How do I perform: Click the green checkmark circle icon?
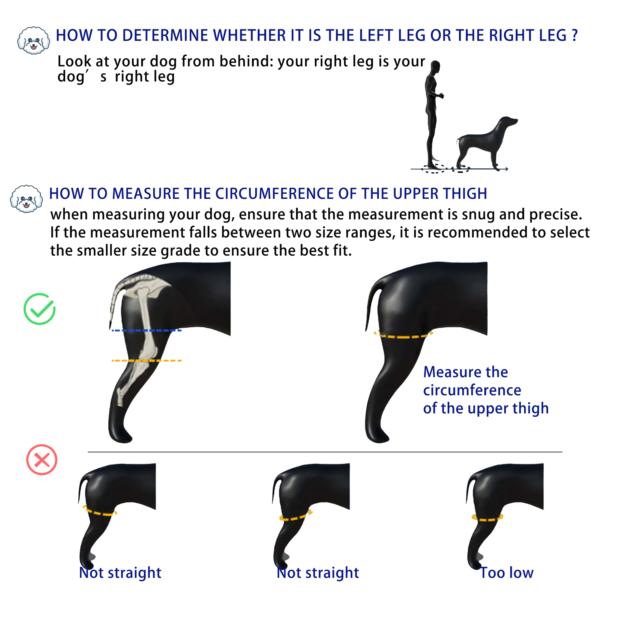pyautogui.click(x=40, y=309)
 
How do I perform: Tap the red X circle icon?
pyautogui.click(x=42, y=460)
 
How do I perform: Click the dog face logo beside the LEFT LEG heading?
pyautogui.click(x=33, y=41)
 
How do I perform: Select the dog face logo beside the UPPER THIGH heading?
pyautogui.click(x=26, y=199)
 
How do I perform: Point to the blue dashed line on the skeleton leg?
pyautogui.click(x=146, y=330)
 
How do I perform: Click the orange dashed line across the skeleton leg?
pyautogui.click(x=146, y=361)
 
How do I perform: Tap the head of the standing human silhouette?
pyautogui.click(x=435, y=66)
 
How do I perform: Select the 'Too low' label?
pyautogui.click(x=507, y=572)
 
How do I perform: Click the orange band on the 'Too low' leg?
pyautogui.click(x=487, y=518)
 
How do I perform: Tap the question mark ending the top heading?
pyautogui.click(x=575, y=35)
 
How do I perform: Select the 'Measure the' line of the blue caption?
pyautogui.click(x=465, y=372)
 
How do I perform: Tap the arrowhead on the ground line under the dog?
pyautogui.click(x=507, y=169)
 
